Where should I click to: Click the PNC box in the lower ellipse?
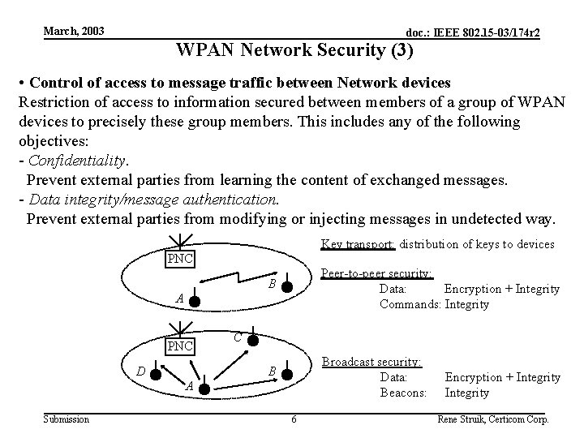point(179,347)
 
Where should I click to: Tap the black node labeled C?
point(253,338)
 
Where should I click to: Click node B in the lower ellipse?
point(287,371)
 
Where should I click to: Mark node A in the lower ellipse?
point(204,389)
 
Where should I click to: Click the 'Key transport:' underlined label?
point(358,244)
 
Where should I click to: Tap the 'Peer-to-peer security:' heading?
point(376,274)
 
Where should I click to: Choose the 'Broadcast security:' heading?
point(371,362)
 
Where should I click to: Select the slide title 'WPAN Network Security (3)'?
point(294,51)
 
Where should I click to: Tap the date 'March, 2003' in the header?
point(73,31)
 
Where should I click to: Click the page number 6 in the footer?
point(294,419)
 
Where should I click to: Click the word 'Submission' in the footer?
point(67,419)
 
